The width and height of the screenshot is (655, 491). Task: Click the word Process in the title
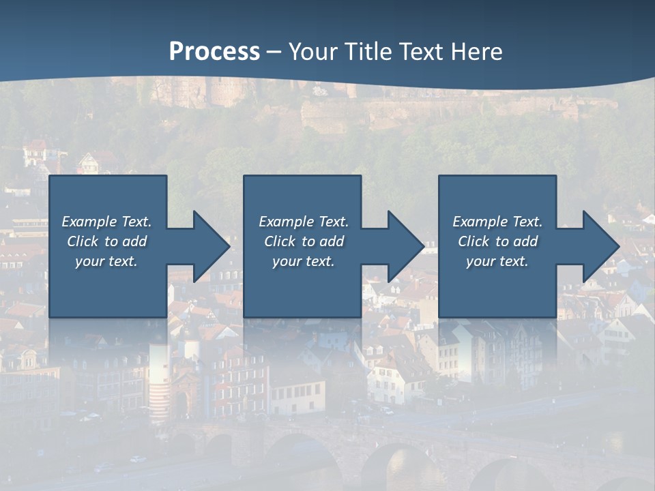214,52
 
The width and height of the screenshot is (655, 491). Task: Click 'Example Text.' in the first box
106,222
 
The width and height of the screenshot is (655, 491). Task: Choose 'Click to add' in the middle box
304,241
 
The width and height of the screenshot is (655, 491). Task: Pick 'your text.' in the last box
497,261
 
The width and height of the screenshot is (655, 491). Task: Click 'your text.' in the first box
106,261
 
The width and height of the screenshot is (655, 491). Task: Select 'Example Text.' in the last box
497,222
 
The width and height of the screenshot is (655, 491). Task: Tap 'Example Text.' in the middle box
304,222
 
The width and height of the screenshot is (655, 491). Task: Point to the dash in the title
274,52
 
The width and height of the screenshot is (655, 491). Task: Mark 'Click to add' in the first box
106,241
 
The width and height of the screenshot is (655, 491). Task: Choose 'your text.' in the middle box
304,261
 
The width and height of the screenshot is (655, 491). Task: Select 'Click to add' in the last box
497,241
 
